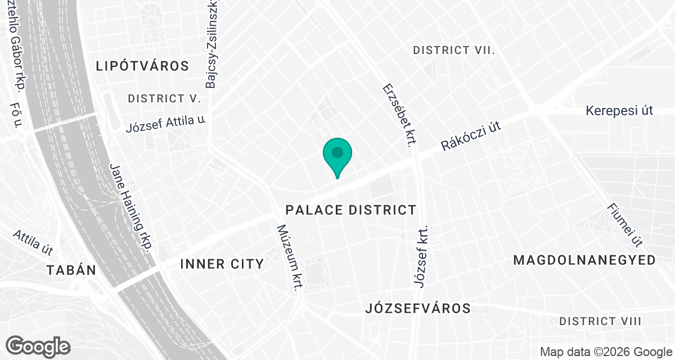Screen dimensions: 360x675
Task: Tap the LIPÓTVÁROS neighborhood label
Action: (142, 66)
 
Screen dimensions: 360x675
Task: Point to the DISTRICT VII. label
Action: (454, 50)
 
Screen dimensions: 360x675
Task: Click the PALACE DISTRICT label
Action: (351, 210)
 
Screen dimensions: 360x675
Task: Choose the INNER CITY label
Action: (222, 264)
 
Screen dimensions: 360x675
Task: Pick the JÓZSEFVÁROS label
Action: (418, 308)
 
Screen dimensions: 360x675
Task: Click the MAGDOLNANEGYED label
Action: (584, 260)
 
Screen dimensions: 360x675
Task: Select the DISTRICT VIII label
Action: (600, 321)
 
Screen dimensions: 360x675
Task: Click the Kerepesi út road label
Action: (619, 110)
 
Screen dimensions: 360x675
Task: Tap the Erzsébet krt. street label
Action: (399, 115)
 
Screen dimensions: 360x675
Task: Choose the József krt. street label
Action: (421, 256)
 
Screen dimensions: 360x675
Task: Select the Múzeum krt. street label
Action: (288, 258)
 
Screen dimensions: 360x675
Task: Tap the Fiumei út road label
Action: (624, 225)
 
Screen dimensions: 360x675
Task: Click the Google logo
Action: (38, 346)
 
